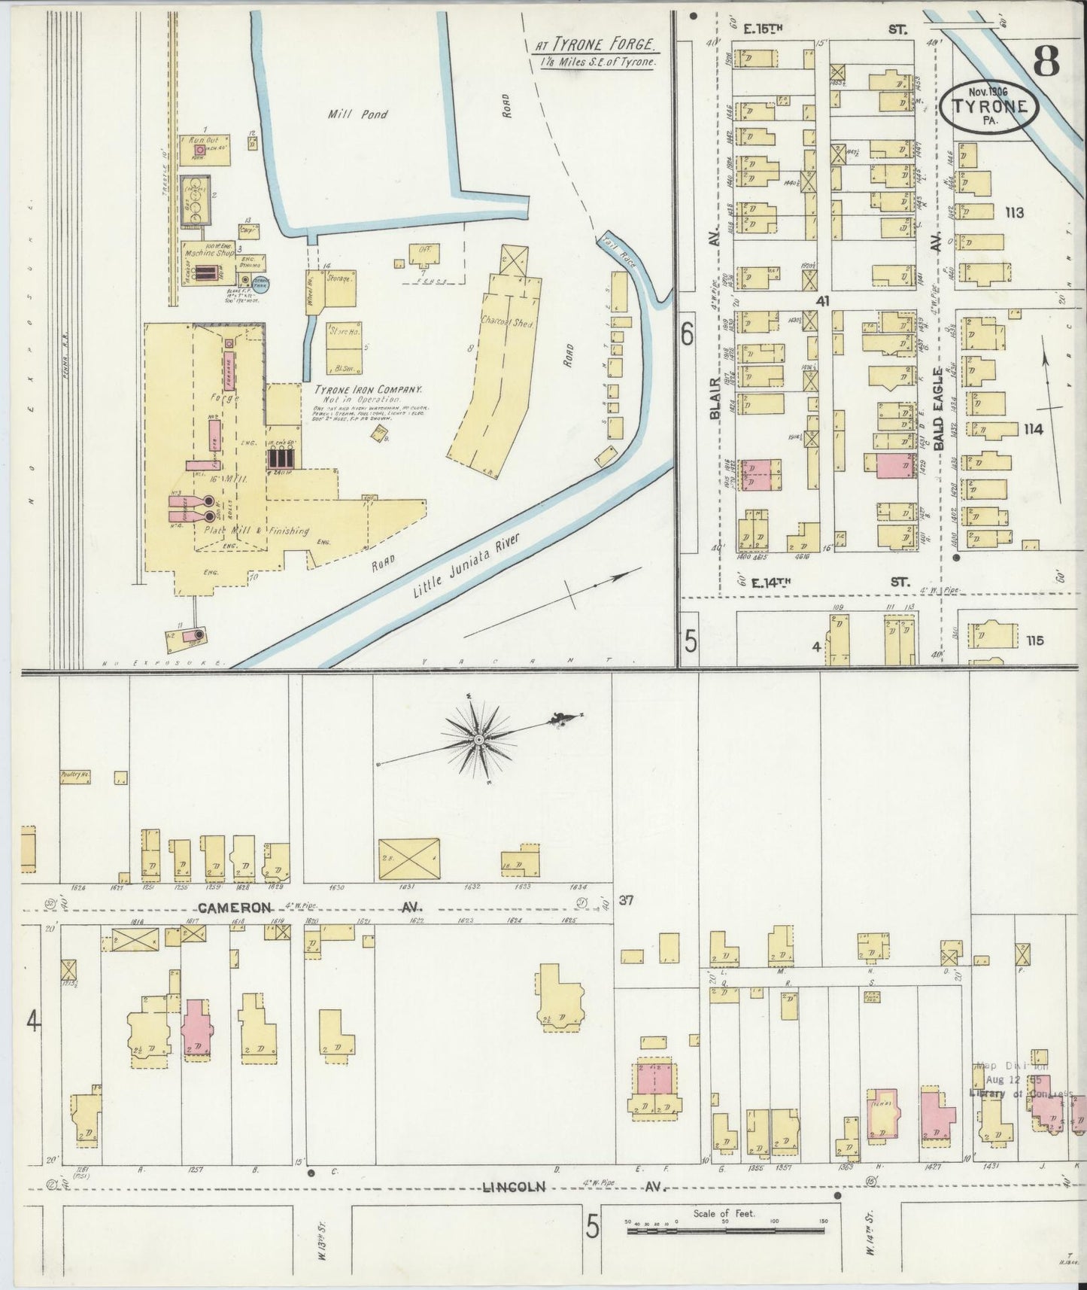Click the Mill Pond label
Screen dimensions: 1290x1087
click(357, 114)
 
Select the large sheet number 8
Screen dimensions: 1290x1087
click(1046, 61)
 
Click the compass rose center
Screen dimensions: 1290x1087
click(478, 741)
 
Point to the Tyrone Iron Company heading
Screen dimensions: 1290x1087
click(367, 390)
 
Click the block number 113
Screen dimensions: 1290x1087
click(1013, 213)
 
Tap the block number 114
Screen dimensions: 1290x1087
click(1032, 429)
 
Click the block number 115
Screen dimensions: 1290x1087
click(1034, 640)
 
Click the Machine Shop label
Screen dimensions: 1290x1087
click(209, 253)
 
